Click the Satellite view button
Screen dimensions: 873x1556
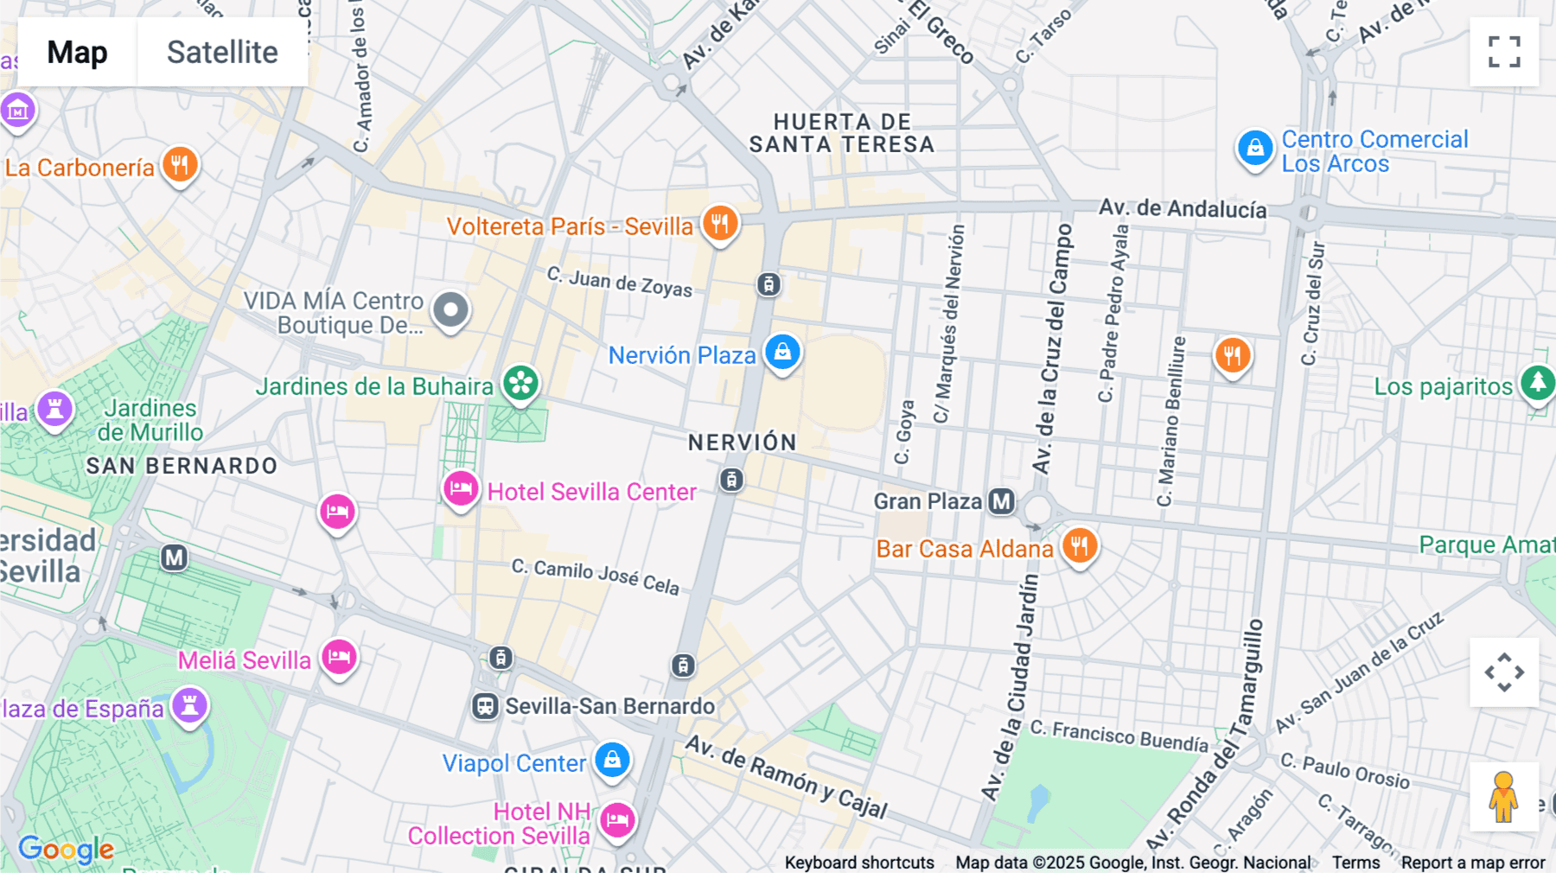[x=222, y=52]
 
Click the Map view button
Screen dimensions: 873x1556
[x=77, y=52]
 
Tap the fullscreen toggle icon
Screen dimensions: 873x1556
[x=1504, y=52]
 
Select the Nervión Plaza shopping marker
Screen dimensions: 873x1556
[x=782, y=352]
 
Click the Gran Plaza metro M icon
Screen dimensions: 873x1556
[x=1001, y=501]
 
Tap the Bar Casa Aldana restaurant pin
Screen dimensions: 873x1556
[x=1079, y=545]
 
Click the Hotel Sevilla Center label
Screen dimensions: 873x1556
[x=591, y=492]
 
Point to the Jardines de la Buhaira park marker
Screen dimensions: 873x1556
[x=521, y=383]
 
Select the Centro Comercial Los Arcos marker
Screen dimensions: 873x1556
[x=1254, y=148]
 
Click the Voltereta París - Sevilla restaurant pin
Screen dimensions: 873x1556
[x=719, y=223]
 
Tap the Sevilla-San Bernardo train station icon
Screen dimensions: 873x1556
[x=485, y=706]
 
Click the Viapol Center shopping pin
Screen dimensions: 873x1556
[x=612, y=760]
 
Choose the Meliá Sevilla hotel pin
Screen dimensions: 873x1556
[x=339, y=657]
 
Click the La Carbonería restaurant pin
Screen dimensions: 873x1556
[x=180, y=164]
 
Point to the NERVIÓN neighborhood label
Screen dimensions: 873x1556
[x=742, y=443]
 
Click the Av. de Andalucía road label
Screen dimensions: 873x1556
[x=1182, y=208]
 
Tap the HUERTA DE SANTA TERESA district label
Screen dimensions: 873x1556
[x=841, y=133]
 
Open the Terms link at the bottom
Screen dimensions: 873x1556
[x=1355, y=862]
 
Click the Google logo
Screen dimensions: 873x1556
[x=66, y=849]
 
